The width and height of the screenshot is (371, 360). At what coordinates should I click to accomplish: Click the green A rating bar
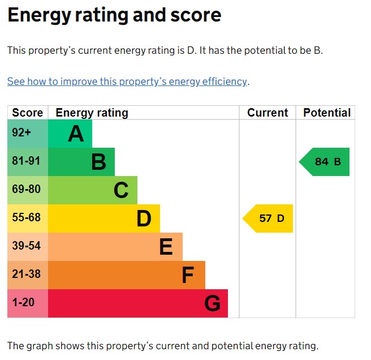tap(70, 134)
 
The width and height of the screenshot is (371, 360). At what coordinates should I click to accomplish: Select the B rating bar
tap(81, 162)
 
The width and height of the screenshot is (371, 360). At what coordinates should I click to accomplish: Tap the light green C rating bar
tap(93, 190)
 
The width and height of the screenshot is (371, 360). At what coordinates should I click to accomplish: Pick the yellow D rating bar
tap(104, 218)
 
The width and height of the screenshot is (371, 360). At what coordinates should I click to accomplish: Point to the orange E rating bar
tap(115, 247)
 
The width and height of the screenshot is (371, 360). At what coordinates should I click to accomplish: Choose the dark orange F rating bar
tap(127, 275)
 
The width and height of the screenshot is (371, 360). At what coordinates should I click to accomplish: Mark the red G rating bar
tap(138, 303)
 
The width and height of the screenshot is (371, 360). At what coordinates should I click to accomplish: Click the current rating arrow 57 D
tap(269, 218)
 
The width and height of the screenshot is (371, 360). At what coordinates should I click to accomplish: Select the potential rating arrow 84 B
tap(325, 162)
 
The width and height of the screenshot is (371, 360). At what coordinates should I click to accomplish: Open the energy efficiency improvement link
tap(127, 82)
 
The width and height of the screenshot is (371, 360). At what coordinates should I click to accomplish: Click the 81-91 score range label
tap(27, 162)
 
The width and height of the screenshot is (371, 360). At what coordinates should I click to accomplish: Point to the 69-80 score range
tap(27, 190)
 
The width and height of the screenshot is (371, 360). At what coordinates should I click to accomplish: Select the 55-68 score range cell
tap(27, 218)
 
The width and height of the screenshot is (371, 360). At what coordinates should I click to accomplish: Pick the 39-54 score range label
tap(27, 247)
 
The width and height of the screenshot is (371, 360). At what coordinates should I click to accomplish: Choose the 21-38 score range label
tap(27, 275)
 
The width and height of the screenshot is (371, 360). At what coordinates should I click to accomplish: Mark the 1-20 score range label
tap(23, 303)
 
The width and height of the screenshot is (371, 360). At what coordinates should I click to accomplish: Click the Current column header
tap(268, 113)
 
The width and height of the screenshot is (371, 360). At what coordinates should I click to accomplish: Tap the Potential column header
tap(327, 113)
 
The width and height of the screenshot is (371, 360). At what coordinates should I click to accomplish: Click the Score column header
tap(28, 113)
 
